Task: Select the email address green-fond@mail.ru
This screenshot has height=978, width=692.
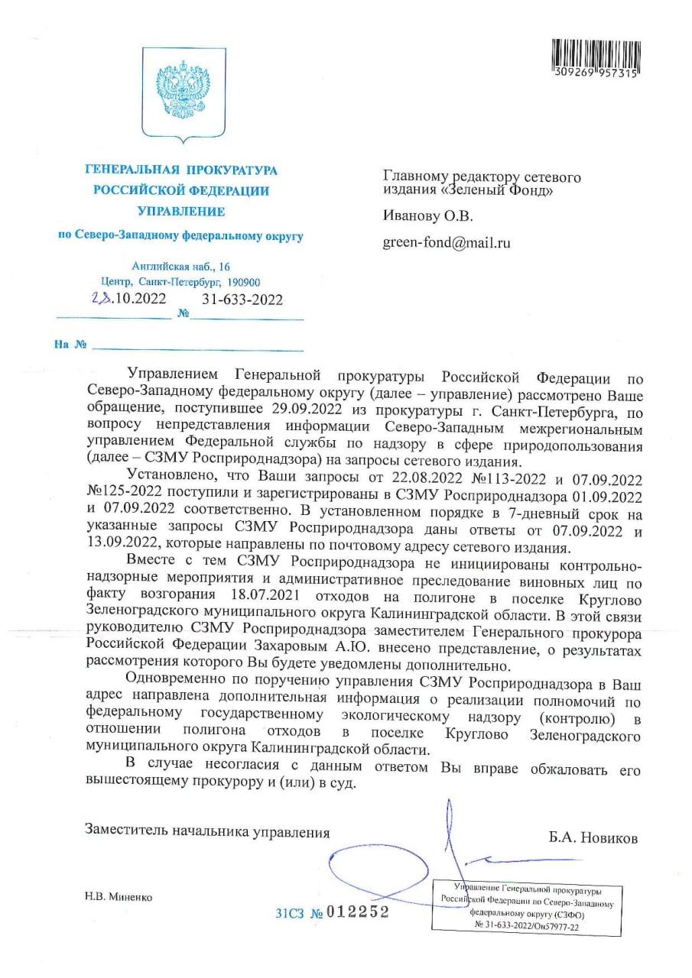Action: (x=446, y=243)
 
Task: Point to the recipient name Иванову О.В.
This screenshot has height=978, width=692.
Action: (x=428, y=216)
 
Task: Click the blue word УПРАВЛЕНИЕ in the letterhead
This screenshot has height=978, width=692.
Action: (x=180, y=212)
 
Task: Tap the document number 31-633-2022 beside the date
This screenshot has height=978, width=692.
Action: (x=242, y=300)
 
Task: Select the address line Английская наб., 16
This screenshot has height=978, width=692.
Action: (x=180, y=267)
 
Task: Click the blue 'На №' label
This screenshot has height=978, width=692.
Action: (x=70, y=345)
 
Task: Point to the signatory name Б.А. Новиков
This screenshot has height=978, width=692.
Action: (x=593, y=837)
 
